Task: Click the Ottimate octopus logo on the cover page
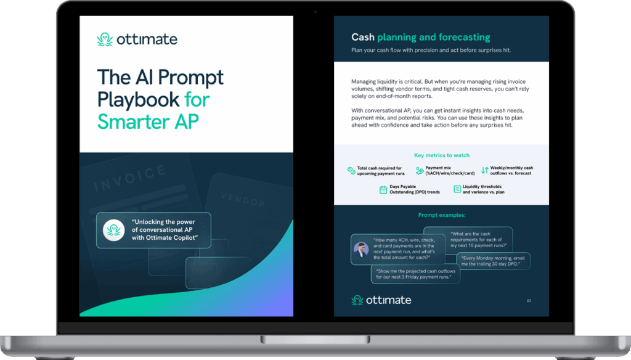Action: (x=105, y=39)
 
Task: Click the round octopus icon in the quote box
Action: (x=113, y=230)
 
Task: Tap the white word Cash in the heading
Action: (x=363, y=38)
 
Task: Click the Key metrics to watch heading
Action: (x=441, y=155)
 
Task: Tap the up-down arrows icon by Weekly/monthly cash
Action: (x=484, y=170)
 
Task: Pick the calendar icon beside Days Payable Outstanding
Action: (x=383, y=190)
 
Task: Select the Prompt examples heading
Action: (x=441, y=215)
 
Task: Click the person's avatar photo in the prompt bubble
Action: (x=361, y=250)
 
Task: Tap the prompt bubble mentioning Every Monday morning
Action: (x=494, y=261)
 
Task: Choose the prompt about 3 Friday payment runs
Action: (x=417, y=274)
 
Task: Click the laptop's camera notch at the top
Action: (x=315, y=10)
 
